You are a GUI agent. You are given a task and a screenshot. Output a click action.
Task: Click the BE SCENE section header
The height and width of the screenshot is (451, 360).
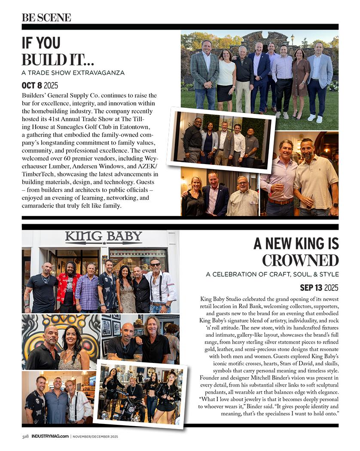46,18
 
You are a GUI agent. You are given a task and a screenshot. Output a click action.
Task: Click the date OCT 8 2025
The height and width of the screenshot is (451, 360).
40,85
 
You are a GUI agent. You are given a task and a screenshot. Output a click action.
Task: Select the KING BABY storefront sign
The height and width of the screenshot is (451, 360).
104,237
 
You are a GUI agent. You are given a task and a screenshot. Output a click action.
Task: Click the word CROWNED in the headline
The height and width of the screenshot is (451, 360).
300,260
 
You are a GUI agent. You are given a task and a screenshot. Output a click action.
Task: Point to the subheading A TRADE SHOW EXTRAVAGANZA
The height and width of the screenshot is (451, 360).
73,73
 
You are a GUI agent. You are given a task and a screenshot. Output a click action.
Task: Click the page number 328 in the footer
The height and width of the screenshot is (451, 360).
25,436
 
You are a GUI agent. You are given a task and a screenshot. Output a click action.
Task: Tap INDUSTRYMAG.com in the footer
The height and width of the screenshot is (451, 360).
50,436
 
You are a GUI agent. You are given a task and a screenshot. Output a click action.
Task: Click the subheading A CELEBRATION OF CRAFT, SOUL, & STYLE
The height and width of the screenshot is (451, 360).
272,274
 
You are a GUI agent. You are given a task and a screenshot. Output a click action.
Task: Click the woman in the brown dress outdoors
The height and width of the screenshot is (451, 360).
300,82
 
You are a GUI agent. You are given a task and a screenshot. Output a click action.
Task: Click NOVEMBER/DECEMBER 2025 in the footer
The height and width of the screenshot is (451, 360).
95,436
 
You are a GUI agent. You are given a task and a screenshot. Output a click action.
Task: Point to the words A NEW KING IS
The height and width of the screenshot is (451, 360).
296,243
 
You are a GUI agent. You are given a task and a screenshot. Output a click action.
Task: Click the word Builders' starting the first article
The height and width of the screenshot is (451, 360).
35,95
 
